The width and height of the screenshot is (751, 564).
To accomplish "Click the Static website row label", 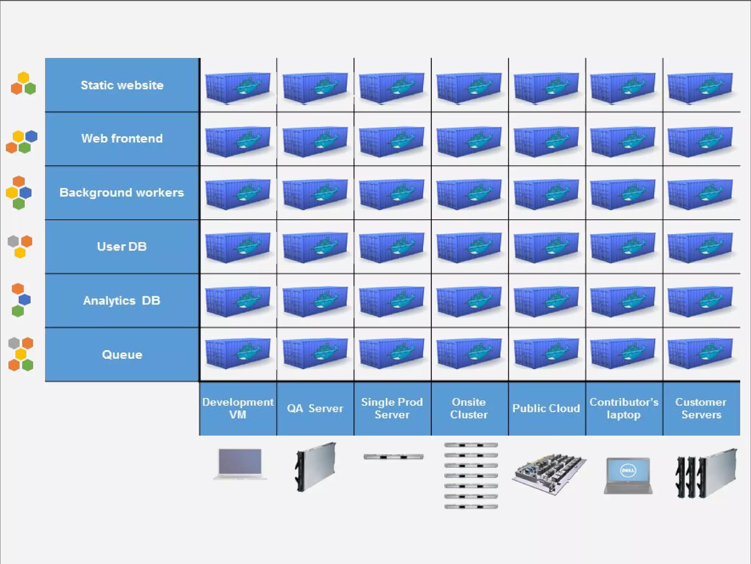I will pos(122,85).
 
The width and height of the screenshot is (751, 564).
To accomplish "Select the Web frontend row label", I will pos(122,138).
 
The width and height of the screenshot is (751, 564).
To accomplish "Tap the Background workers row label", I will pos(122,192).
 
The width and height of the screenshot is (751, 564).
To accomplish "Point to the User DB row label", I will pos(122,246).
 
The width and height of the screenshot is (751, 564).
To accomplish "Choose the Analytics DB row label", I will pos(122,300).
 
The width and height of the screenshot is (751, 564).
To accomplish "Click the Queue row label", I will pos(122,355).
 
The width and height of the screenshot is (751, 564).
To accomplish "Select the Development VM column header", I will pos(238,408).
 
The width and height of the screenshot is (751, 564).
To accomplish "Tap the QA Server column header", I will pos(315,408).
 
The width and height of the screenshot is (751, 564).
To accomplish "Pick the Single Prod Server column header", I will pos(392,408).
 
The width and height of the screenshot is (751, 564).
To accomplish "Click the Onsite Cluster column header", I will pos(469,408).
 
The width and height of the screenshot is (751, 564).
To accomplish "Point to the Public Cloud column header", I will pos(546,408).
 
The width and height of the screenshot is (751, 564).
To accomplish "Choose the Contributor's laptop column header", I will pos(624,408).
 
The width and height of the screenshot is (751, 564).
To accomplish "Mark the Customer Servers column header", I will pos(701,408).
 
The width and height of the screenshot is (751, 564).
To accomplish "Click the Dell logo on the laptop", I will pos(628,470).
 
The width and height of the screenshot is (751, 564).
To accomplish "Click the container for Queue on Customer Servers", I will pos(700,353).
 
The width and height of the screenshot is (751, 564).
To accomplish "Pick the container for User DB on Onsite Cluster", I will pos(469,247).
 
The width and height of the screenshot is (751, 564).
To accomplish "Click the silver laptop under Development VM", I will pos(240,463).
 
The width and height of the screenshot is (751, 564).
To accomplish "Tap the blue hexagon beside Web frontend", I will pos(31,136).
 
